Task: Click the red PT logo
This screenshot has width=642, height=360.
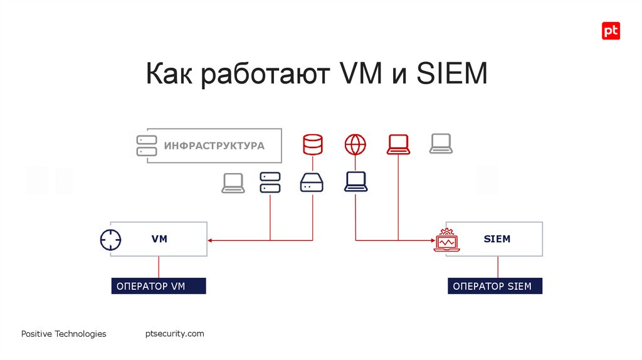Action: tap(611, 31)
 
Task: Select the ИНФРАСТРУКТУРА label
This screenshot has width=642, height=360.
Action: tap(214, 146)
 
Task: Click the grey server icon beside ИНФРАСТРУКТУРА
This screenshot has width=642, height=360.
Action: tap(147, 146)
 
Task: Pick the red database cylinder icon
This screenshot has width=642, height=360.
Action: tap(312, 144)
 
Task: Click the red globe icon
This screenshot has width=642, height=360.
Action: tap(355, 144)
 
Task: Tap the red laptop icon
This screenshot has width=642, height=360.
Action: tap(398, 144)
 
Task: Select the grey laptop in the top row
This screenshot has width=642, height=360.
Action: tap(441, 144)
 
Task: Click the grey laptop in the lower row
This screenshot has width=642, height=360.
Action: tap(233, 183)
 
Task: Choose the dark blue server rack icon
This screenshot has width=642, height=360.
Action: tap(270, 183)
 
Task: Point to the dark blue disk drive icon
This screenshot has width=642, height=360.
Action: tap(312, 183)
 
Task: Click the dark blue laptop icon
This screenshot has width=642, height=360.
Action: tap(355, 182)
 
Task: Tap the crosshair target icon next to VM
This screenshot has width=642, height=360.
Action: tap(110, 240)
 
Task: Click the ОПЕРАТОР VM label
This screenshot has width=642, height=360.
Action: tap(158, 286)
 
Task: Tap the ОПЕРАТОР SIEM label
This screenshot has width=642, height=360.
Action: tap(495, 286)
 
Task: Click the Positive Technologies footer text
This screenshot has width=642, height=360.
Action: tap(63, 334)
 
